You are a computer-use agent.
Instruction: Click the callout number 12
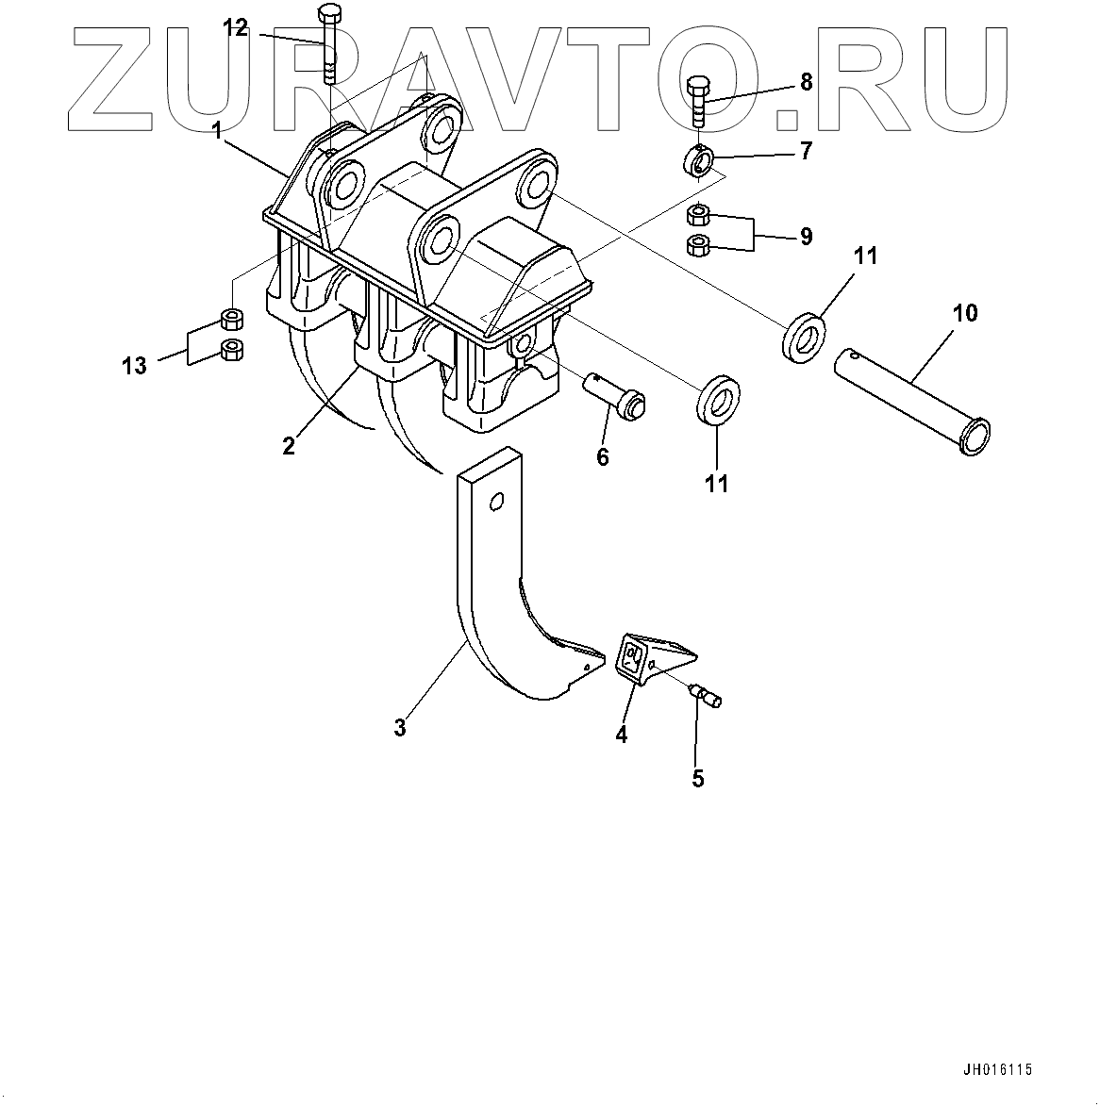click(235, 29)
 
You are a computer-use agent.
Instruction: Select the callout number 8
click(806, 83)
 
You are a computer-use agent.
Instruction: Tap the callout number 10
click(966, 312)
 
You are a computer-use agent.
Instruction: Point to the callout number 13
click(135, 365)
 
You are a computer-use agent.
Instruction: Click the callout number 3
click(400, 727)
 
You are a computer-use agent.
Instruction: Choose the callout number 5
click(698, 778)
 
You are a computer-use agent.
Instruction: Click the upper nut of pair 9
click(698, 212)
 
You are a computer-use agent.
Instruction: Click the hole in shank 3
click(494, 503)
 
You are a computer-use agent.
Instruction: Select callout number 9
click(806, 235)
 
